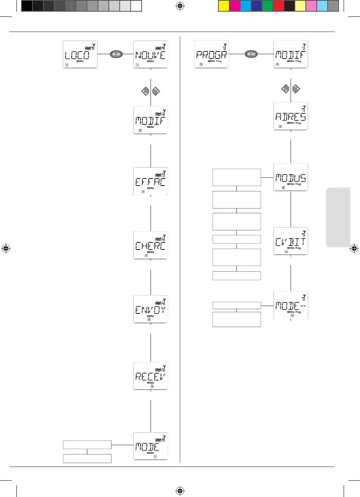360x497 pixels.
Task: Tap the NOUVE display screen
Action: pos(151,55)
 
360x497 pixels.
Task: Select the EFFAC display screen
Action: pos(151,181)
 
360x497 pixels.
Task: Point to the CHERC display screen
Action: pos(151,245)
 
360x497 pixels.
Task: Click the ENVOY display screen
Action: pos(151,309)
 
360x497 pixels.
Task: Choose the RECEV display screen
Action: pos(151,375)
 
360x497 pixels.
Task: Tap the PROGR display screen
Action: pos(211,55)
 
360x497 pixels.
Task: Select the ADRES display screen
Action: pos(291,116)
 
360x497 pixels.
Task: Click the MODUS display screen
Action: pos(291,177)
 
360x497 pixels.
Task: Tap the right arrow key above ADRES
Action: pos(296,89)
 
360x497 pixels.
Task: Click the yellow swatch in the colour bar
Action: pos(223,6)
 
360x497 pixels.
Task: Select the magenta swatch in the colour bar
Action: pos(234,6)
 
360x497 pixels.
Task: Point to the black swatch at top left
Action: pos(27,6)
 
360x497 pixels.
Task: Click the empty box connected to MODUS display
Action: pos(236,177)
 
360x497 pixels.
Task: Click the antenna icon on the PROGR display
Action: pos(224,46)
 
